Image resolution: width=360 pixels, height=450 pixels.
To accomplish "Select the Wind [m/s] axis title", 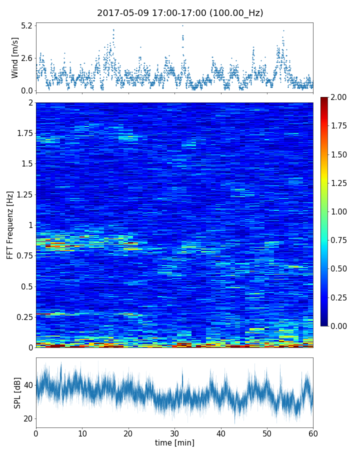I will (x=15, y=58).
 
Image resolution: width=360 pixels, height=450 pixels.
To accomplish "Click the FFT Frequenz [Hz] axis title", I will (x=10, y=225).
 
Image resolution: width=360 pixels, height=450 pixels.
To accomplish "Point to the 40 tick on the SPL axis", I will (x=27, y=385).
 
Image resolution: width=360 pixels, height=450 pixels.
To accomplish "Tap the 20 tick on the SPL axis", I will (x=27, y=418).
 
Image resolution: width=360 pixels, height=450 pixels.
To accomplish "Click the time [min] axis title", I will (x=174, y=442).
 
